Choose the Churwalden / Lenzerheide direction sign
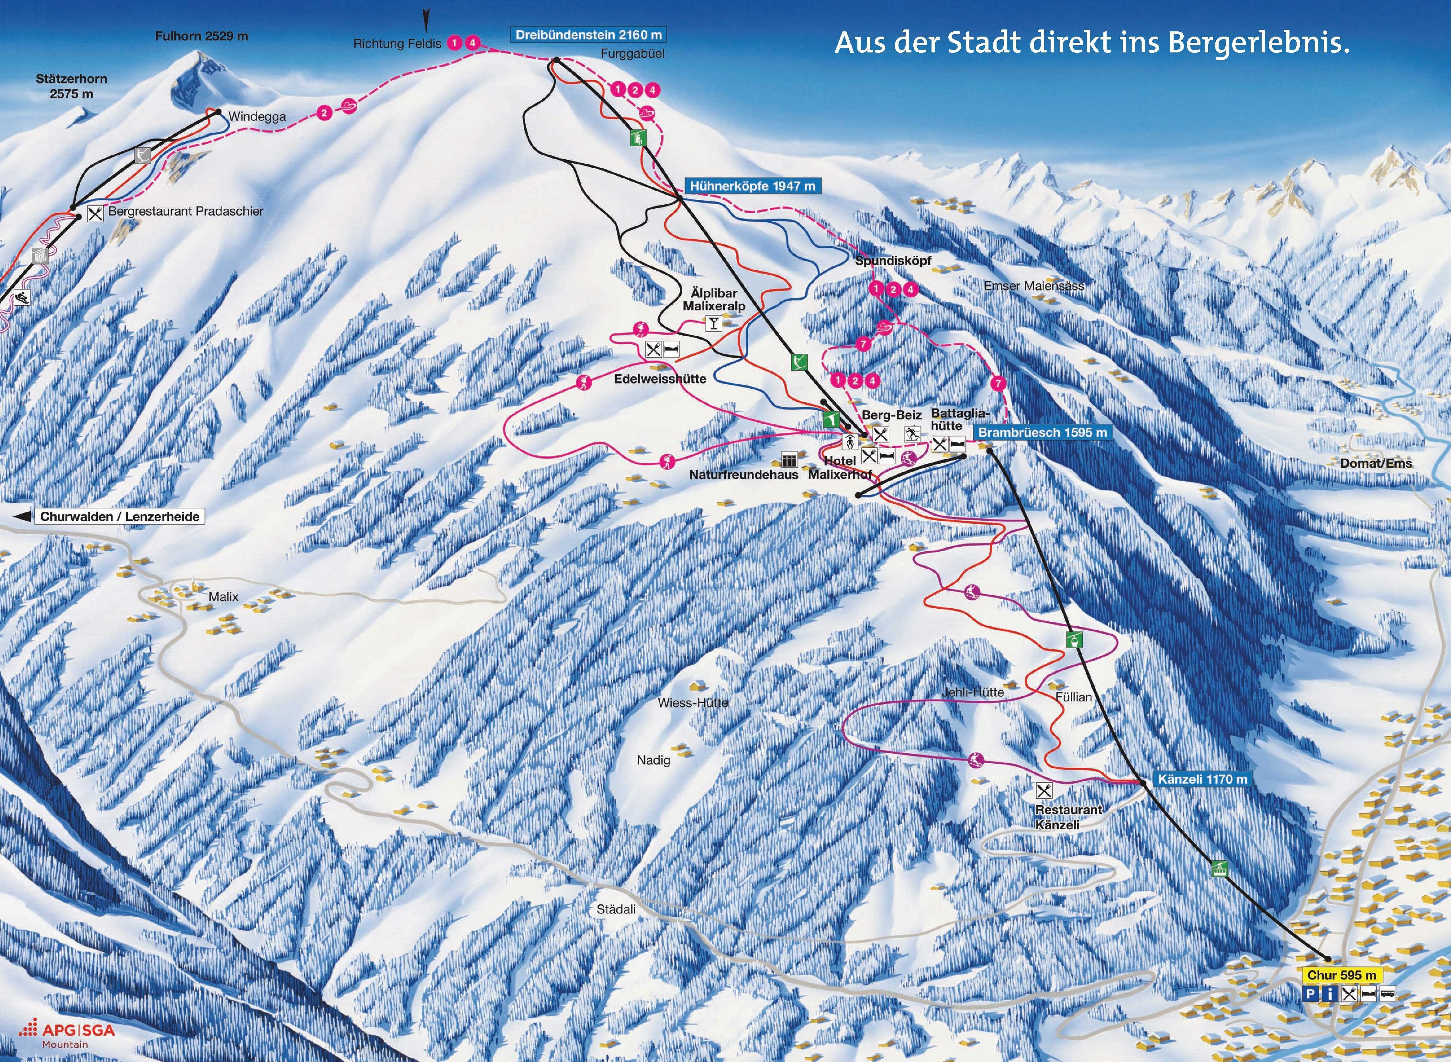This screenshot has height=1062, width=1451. coord(119,516)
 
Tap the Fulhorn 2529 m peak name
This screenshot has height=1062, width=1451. coord(201,36)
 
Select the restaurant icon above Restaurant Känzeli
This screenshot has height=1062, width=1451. coord(1044,790)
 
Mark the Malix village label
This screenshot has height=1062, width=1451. coord(223,597)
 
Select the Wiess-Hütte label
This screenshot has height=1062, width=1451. coord(692,703)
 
